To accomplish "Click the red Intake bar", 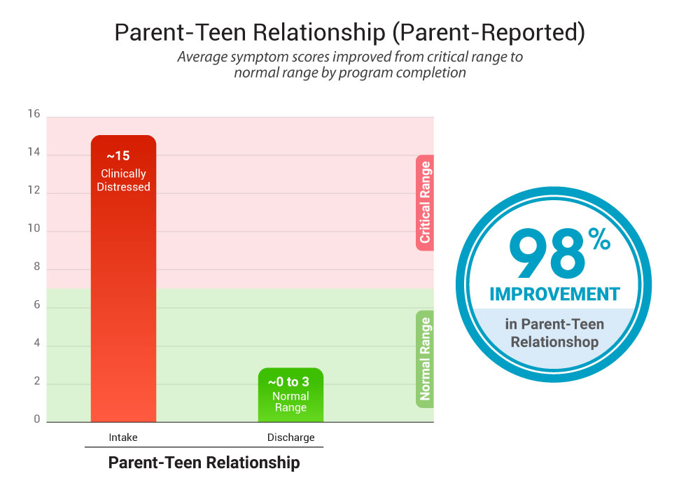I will (x=123, y=294).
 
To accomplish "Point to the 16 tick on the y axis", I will (x=34, y=115).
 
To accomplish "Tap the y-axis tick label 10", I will (x=34, y=230).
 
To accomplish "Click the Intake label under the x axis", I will (x=123, y=437).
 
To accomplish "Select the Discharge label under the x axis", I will (x=290, y=437).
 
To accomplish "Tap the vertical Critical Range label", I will (x=425, y=202).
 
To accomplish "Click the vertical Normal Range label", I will (x=425, y=359).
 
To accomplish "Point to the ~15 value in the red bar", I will (x=118, y=156).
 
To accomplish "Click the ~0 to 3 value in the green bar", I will (x=288, y=382).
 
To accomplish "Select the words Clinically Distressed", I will (x=123, y=181).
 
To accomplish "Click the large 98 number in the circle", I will (x=547, y=255).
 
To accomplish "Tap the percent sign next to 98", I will (x=598, y=241).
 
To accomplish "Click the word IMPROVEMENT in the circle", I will (x=554, y=294).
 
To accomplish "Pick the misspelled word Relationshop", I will (x=554, y=342).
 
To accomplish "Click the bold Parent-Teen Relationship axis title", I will (x=204, y=463).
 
